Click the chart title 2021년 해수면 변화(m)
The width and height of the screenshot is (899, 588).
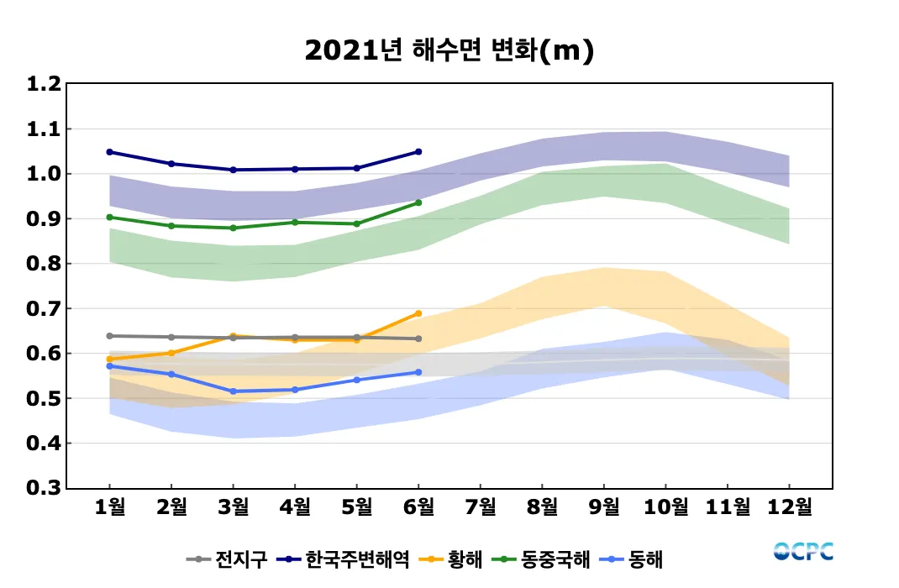click(449, 51)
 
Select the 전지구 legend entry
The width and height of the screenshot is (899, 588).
click(227, 559)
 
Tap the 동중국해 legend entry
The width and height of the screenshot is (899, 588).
click(543, 559)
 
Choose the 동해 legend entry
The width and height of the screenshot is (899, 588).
click(634, 559)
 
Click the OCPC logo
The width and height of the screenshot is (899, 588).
click(803, 552)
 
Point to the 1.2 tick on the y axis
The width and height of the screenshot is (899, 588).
click(44, 84)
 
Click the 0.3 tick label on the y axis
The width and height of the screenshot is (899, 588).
click(44, 488)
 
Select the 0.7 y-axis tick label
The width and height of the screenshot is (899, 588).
click(44, 308)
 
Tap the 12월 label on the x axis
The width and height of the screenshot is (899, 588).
click(789, 507)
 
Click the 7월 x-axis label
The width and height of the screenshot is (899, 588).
click(480, 507)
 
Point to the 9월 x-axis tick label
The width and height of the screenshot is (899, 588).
click(604, 507)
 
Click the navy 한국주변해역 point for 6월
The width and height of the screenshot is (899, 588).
click(418, 152)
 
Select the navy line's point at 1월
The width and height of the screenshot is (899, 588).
click(110, 152)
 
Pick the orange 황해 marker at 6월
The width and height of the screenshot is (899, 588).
click(418, 313)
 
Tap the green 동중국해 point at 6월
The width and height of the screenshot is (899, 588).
click(418, 202)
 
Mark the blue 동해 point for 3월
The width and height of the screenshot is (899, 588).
click(234, 391)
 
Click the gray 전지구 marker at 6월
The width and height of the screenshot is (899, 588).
click(418, 339)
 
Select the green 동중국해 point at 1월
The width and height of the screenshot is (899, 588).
click(110, 217)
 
